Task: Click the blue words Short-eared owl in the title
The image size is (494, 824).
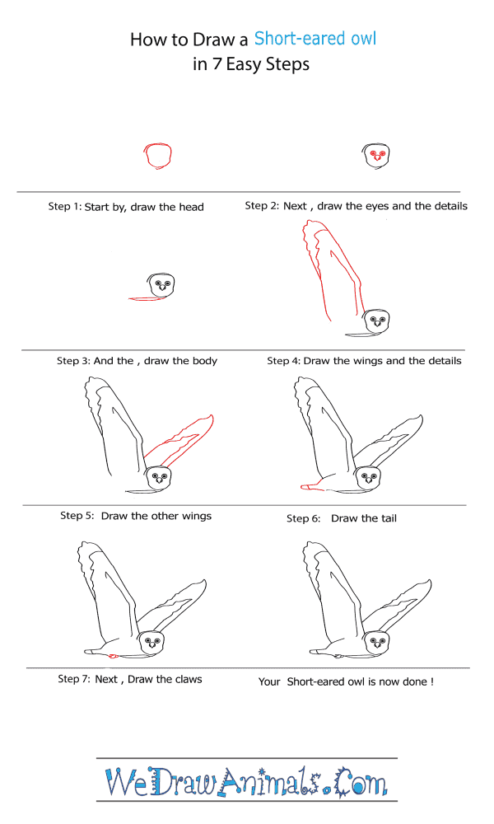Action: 315,39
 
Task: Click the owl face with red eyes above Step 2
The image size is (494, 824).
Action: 376,156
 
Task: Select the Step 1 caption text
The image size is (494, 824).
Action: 126,207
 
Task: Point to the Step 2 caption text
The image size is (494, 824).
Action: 356,206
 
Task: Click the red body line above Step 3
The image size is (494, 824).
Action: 147,299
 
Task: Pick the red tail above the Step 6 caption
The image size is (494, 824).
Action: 310,487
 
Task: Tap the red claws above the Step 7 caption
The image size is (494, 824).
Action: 112,656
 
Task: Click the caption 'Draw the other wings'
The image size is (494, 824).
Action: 156,516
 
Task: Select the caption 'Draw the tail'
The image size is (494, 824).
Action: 364,518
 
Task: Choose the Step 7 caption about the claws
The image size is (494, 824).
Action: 129,679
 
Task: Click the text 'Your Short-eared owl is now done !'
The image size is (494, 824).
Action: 346,681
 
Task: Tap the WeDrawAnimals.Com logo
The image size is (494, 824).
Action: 246,781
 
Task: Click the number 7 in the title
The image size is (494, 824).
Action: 217,64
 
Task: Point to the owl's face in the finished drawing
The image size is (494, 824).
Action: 377,642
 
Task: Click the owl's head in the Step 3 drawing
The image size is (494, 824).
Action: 162,285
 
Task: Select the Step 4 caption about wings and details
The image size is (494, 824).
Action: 364,361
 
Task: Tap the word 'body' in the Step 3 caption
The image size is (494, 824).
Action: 205,361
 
